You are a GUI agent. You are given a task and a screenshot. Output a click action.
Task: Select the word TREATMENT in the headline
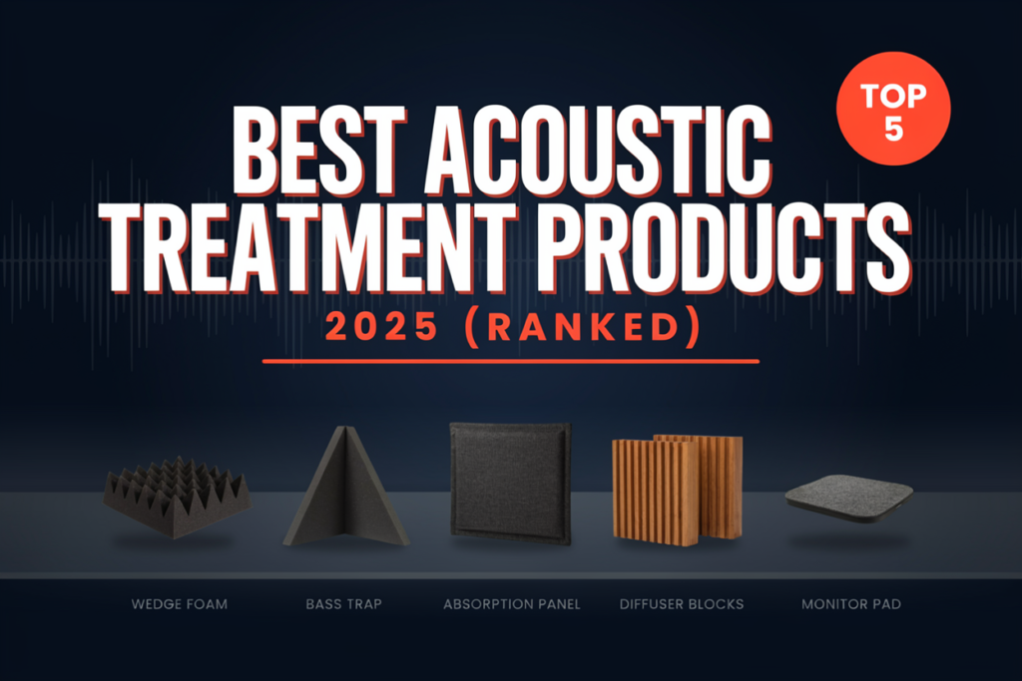point(314,247)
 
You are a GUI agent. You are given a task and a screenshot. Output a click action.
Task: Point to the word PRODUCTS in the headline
point(725,247)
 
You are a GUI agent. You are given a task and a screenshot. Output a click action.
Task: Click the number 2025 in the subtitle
point(382,326)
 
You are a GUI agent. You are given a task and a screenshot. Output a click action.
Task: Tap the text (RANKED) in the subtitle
point(584,327)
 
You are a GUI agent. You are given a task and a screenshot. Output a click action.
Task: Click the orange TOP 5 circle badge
point(893,109)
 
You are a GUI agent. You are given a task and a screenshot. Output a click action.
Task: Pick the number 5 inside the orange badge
point(893,129)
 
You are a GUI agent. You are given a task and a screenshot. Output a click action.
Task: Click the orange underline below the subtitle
point(510,361)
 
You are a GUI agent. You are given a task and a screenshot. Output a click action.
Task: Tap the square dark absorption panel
point(510,483)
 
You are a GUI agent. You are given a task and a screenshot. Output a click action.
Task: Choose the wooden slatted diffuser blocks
point(678,490)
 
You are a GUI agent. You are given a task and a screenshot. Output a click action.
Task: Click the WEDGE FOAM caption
point(180,604)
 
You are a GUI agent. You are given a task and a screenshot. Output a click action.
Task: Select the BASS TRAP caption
point(344,604)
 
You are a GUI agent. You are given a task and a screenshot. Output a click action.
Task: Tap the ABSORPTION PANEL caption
point(512,604)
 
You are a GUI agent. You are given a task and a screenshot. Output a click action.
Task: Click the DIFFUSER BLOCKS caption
point(682,604)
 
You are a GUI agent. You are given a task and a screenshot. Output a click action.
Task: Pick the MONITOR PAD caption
point(851,604)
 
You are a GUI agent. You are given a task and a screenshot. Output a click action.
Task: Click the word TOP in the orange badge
point(893,97)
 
